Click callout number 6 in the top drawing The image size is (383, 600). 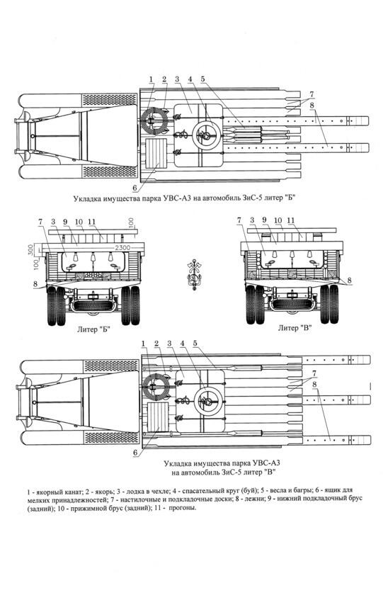click(135, 188)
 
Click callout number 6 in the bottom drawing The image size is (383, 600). click(135, 453)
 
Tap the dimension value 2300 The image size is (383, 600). click(122, 247)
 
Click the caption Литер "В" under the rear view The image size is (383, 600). click(295, 328)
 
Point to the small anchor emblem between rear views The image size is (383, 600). click(194, 275)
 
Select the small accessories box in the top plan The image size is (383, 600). click(156, 154)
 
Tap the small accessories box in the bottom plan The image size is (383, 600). click(158, 417)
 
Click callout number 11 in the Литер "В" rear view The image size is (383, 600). click(291, 221)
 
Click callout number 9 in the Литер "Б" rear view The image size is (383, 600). click(65, 222)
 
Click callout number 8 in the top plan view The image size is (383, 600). click(312, 106)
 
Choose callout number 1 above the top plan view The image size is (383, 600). click(152, 79)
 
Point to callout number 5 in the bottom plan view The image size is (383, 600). click(195, 344)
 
